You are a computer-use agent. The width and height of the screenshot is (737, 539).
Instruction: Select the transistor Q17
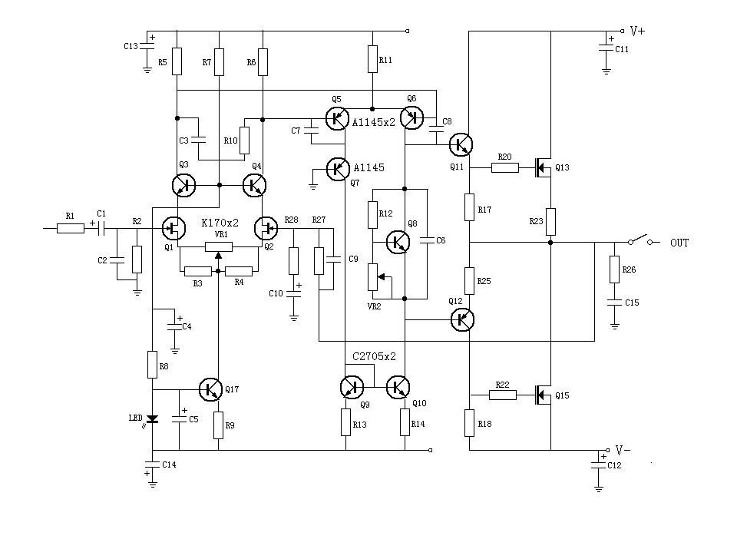(x=210, y=389)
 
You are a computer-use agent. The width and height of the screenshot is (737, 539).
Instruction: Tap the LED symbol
(x=152, y=419)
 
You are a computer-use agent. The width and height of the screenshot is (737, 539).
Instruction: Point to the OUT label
(x=679, y=243)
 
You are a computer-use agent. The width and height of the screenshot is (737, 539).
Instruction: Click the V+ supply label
(x=637, y=31)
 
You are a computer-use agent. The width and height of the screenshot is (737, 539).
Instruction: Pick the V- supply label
(x=623, y=450)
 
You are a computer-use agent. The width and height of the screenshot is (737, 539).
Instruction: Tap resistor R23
(x=550, y=221)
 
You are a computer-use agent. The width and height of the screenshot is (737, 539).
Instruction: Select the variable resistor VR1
(x=219, y=246)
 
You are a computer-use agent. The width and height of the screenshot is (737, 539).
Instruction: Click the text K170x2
(x=219, y=223)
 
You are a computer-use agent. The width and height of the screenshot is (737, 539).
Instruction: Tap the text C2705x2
(x=374, y=357)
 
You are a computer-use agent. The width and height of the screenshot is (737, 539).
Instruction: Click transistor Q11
(x=461, y=144)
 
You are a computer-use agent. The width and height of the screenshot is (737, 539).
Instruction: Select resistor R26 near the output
(x=614, y=269)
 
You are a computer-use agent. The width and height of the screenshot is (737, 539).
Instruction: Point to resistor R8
(x=152, y=364)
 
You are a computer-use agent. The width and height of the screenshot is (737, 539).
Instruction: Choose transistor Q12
(x=461, y=319)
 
